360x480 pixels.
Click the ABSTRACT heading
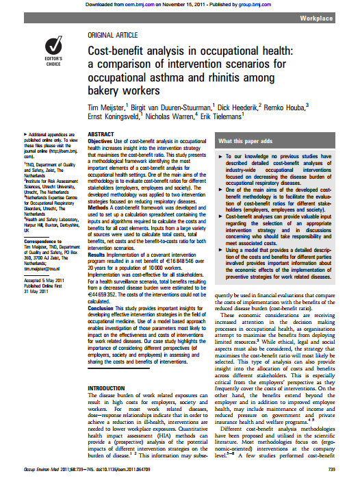coord(101,135)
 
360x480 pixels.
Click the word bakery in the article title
coord(107,90)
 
